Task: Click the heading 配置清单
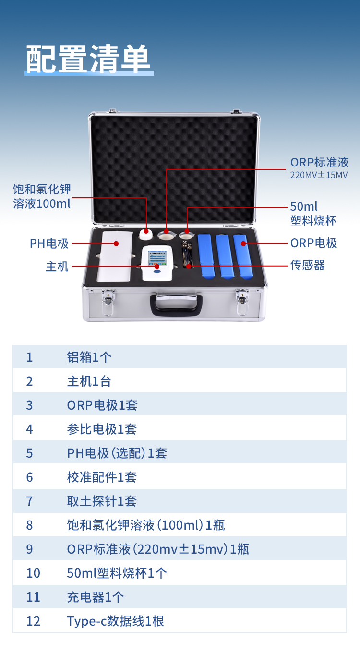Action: click(x=89, y=59)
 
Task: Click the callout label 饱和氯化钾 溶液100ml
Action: click(x=42, y=196)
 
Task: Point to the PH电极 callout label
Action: click(x=49, y=243)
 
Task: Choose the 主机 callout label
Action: click(x=57, y=266)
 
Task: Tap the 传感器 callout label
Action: click(x=307, y=265)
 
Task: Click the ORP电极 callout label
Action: click(x=313, y=243)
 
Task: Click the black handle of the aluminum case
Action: click(x=176, y=305)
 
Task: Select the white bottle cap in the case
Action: click(x=145, y=234)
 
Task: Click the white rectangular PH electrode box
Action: click(x=115, y=255)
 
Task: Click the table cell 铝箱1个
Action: click(x=89, y=357)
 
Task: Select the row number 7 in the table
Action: click(x=29, y=501)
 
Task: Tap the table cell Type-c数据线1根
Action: click(x=115, y=621)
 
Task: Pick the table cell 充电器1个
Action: click(x=96, y=597)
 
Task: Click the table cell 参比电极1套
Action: click(x=102, y=429)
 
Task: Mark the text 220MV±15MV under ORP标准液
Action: click(x=319, y=175)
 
